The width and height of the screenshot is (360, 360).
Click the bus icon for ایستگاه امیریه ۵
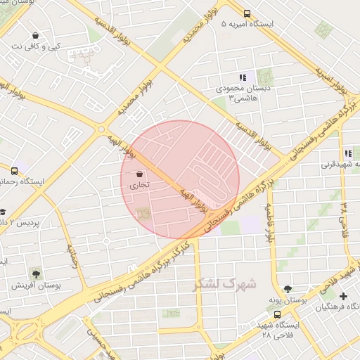pyautogui.click(x=247, y=13)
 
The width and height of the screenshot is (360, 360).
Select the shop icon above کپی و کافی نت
pyautogui.click(x=35, y=35)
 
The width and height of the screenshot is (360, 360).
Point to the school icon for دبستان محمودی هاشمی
pyautogui.click(x=243, y=77)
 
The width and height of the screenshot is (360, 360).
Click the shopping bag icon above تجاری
pyautogui.click(x=139, y=174)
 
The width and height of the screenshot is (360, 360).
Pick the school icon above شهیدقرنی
pyautogui.click(x=347, y=153)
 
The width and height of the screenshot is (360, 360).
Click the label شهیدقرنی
pyautogui.click(x=340, y=165)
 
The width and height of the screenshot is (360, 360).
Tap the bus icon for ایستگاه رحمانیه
pyautogui.click(x=15, y=170)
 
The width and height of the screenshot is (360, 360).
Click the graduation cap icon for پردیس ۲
pyautogui.click(x=4, y=211)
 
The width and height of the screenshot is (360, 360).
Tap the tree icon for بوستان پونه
pyautogui.click(x=287, y=289)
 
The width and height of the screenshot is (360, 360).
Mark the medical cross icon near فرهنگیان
pyautogui.click(x=343, y=296)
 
